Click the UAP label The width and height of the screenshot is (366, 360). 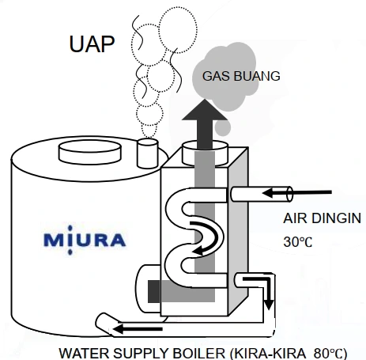tap(92, 44)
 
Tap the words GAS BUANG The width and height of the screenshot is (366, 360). tap(241, 76)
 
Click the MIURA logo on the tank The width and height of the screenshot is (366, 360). tap(85, 241)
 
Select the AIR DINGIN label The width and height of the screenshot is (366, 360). tap(322, 218)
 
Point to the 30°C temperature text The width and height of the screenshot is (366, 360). tap(298, 242)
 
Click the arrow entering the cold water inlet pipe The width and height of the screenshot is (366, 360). tap(297, 193)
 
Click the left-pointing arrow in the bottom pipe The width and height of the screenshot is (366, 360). tap(138, 329)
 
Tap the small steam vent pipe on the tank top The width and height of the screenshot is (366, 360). tap(148, 153)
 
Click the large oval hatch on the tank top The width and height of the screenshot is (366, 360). tap(90, 153)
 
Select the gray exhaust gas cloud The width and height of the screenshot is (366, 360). tap(224, 79)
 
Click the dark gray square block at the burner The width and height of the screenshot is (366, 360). tap(154, 291)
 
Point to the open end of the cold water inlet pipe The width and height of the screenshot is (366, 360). tap(289, 195)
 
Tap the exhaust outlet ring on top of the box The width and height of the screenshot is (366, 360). tap(205, 153)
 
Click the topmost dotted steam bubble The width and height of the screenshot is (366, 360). tap(179, 29)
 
